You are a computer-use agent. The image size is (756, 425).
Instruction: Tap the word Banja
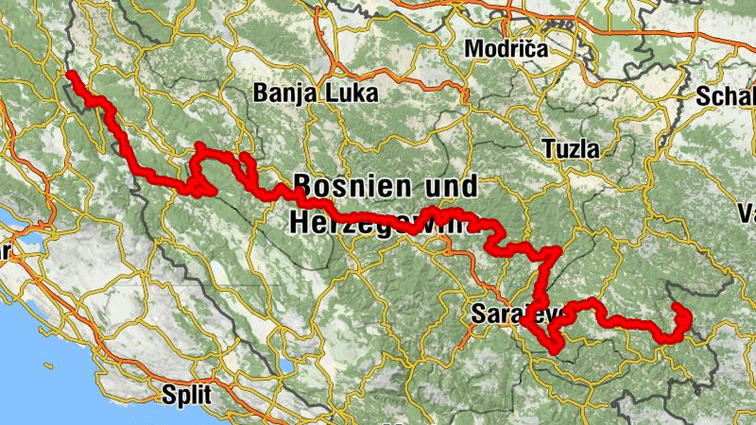coord(283,93)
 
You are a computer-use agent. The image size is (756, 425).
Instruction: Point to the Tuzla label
coord(571,149)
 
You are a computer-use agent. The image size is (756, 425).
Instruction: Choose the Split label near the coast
coord(186,392)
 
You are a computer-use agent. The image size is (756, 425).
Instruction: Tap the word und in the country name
coord(453,184)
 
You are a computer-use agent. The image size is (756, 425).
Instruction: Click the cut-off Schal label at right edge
coord(726,96)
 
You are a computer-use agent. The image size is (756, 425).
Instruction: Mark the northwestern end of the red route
coord(72,74)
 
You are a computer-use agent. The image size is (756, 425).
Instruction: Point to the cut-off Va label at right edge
coord(747,210)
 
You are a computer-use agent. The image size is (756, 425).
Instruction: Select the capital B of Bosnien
coord(304,184)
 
